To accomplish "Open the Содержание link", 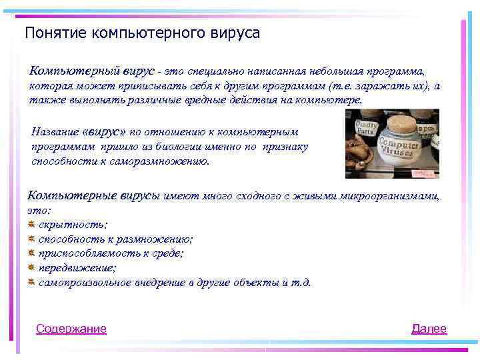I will click(71, 329).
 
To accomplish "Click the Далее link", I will click(429, 329).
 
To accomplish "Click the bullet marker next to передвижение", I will click(31, 267).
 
